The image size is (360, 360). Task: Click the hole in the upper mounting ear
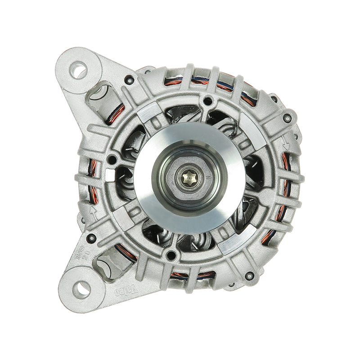pyautogui.click(x=80, y=70)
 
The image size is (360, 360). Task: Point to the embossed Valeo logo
pyautogui.click(x=121, y=287)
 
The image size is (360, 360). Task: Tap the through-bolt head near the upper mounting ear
pyautogui.click(x=130, y=81)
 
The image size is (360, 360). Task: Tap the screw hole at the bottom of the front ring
pyautogui.click(x=169, y=256)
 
